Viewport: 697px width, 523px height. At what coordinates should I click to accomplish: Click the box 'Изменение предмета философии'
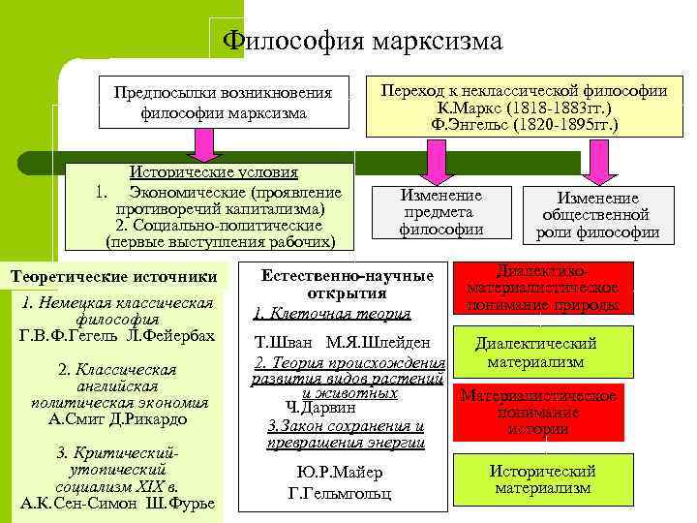coord(440,212)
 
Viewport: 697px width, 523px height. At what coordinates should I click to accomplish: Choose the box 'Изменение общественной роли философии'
coord(596,215)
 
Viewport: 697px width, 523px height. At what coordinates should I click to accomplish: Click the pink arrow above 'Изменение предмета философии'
coord(432,159)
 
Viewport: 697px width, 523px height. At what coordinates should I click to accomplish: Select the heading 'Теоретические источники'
coord(115,277)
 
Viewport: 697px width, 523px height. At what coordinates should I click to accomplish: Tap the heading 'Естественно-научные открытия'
coord(346,284)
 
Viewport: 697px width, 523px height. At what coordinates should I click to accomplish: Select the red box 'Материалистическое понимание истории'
coord(538,413)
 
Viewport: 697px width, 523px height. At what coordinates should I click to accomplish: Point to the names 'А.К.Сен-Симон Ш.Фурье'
coord(117,504)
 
